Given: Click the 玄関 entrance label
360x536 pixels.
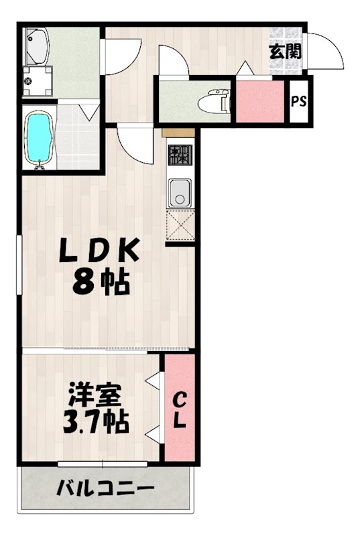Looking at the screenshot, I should [x=286, y=52].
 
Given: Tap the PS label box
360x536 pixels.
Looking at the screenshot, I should [x=299, y=103].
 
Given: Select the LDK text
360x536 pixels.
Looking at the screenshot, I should [x=100, y=252].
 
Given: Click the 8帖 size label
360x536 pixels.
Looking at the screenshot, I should [x=101, y=284].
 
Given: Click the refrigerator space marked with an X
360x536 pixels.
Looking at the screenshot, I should [x=180, y=224].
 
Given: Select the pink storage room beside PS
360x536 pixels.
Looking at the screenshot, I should [x=259, y=101].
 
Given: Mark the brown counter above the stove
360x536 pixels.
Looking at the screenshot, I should [x=178, y=133].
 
